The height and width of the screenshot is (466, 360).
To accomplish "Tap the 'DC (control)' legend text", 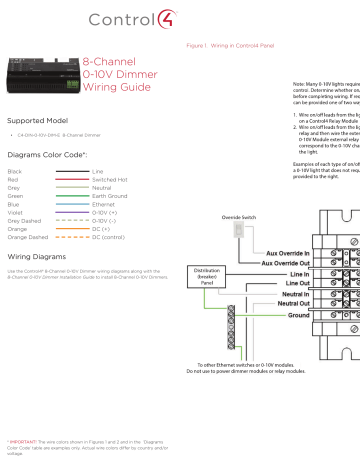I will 109,237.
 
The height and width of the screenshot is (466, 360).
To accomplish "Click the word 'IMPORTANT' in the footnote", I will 24,438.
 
